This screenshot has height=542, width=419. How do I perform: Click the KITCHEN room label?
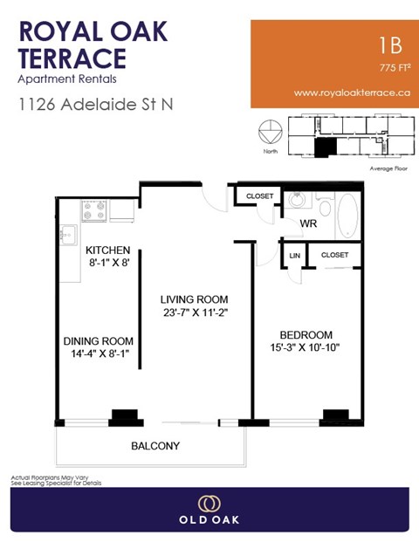108,250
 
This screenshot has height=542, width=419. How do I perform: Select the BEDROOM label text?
306,334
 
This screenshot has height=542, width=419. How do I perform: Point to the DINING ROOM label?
98,340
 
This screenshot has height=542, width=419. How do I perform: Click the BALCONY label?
155,446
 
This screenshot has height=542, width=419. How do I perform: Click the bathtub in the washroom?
347,215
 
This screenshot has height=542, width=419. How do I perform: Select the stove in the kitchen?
94,210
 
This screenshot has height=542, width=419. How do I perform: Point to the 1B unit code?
391,45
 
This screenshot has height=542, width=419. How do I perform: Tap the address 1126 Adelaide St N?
95,104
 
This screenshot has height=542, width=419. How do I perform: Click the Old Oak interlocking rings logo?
209,504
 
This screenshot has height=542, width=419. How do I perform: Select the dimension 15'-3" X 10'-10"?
306,348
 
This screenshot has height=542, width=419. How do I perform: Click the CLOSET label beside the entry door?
259,196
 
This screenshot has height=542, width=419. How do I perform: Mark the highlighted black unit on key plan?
325,148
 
